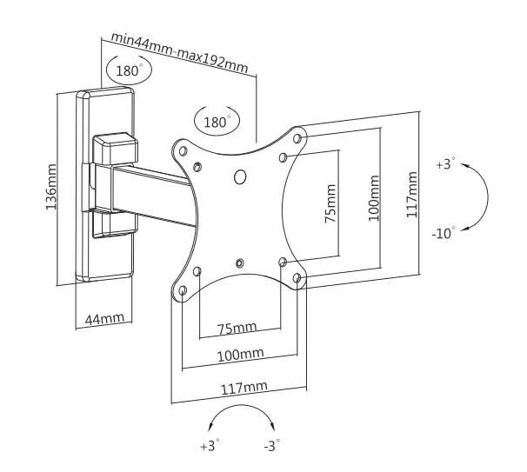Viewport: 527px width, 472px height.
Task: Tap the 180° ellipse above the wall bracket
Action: (x=124, y=69)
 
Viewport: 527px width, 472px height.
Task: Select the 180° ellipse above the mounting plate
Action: (x=217, y=122)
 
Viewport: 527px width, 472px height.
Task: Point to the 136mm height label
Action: (x=51, y=187)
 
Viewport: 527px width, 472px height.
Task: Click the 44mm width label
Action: (x=103, y=319)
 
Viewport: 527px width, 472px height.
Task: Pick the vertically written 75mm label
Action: (x=330, y=204)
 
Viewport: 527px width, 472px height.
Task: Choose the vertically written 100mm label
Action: (x=374, y=198)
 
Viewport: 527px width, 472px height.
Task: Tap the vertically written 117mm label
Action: (x=411, y=193)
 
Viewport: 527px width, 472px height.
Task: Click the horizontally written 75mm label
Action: (x=237, y=328)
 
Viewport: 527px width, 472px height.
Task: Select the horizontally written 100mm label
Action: (x=241, y=355)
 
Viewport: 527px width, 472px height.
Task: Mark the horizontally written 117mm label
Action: (x=245, y=387)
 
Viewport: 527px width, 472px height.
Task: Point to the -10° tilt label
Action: (x=444, y=235)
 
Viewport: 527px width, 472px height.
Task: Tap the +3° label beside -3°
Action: (x=210, y=446)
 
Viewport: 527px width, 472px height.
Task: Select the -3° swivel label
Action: (x=273, y=446)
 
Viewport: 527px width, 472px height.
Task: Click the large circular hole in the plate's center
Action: (x=241, y=177)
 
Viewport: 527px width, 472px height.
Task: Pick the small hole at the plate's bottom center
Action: (x=240, y=261)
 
